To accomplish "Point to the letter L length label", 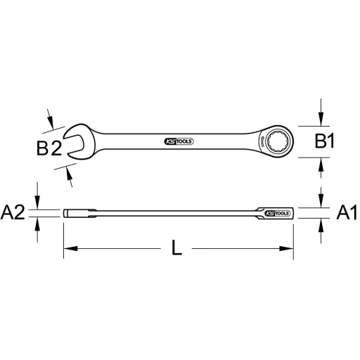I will (181, 248).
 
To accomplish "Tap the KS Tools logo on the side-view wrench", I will (276, 212).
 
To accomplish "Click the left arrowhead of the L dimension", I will (69, 248).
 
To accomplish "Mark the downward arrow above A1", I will (321, 201).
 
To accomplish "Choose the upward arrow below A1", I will (321, 224).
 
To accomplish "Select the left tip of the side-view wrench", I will (65, 213).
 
